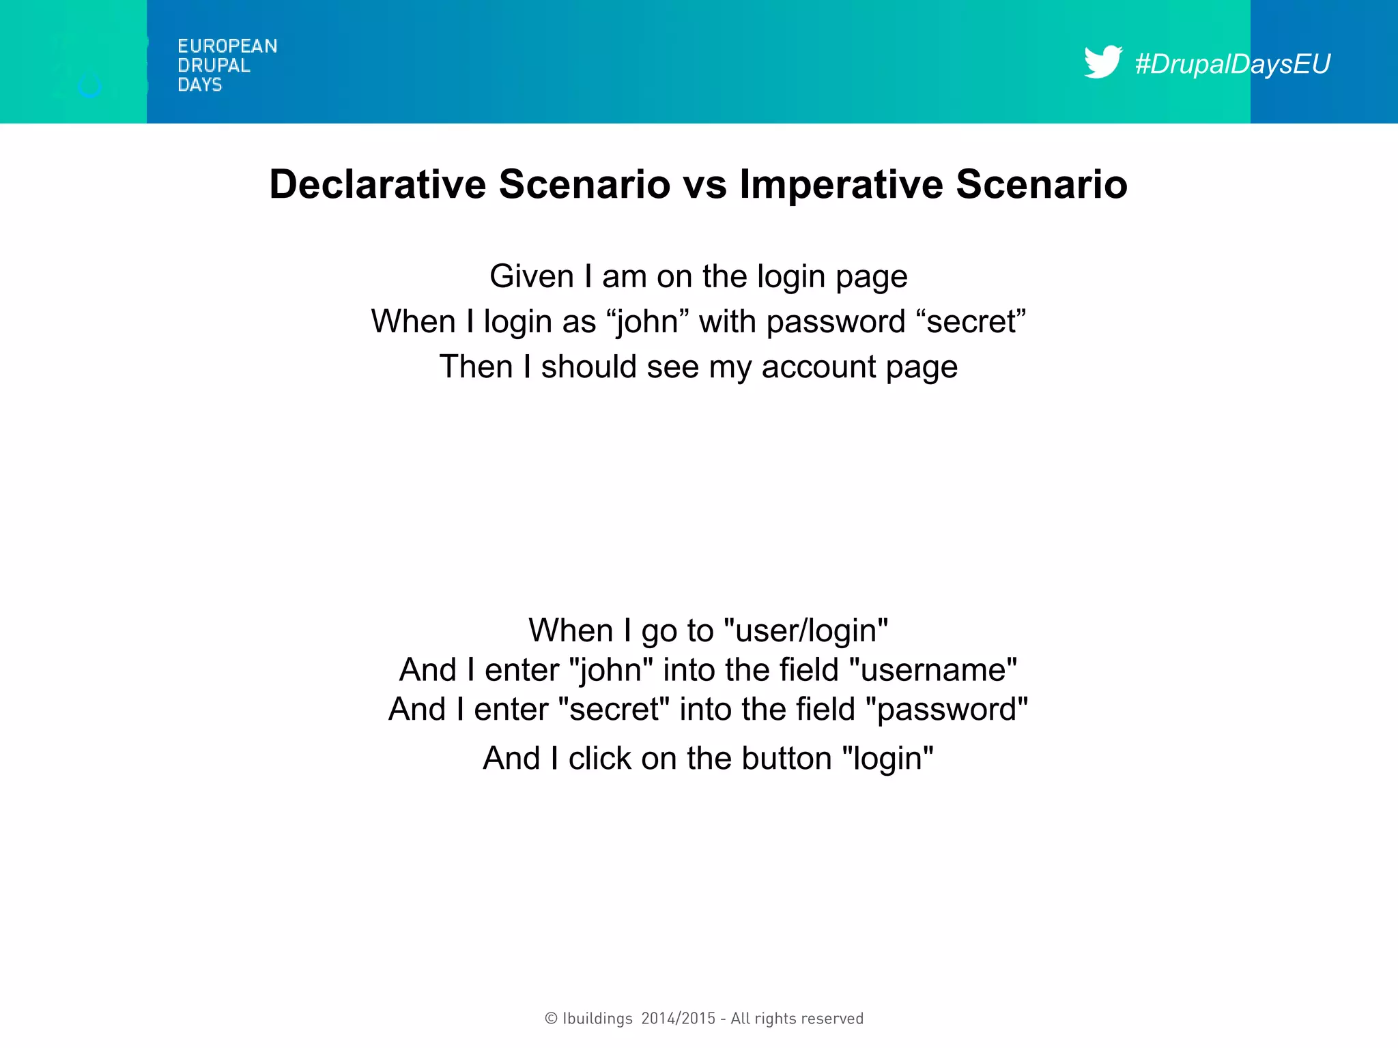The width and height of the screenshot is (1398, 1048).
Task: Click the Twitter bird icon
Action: pos(1102,62)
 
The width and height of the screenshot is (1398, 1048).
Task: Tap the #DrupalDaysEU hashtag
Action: pos(1232,64)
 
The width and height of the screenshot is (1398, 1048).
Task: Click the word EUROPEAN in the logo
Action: pos(227,46)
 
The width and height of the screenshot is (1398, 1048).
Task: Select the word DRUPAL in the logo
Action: pos(214,65)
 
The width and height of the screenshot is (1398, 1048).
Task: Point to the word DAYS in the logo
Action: pos(200,85)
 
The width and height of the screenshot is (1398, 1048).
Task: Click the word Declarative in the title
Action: pos(377,184)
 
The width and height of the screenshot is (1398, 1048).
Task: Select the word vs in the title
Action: pos(705,186)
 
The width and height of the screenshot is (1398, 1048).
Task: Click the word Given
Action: pos(532,276)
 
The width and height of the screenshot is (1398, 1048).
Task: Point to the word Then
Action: pos(476,366)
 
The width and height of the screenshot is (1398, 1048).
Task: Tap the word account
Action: pos(818,366)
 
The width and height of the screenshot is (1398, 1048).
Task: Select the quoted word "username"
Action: pos(933,670)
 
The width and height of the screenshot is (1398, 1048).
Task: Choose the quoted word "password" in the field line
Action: pos(946,710)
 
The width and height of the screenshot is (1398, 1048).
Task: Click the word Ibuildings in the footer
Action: pos(597,1019)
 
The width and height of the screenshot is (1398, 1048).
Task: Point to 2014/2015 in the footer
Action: pos(679,1019)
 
